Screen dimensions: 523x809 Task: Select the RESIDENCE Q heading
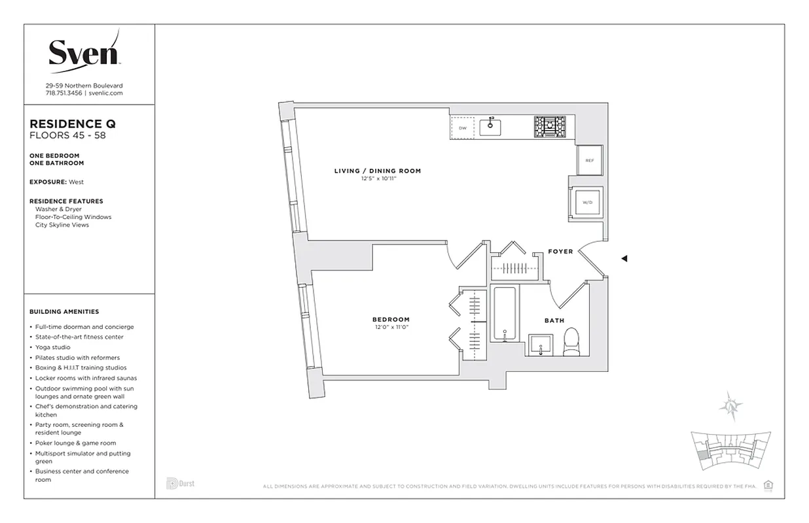coord(73,124)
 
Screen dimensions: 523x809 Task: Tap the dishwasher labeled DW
coord(462,127)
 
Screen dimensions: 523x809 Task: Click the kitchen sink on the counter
coord(490,127)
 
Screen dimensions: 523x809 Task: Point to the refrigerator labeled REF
coord(589,160)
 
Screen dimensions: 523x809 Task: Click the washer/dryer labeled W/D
coord(588,203)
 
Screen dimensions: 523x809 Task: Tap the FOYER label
coord(560,252)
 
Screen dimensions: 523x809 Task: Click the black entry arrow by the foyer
coord(624,259)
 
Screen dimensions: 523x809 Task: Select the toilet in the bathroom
coord(571,342)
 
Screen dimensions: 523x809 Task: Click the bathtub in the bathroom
coord(505,314)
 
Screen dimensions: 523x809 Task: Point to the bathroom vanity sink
coord(541,344)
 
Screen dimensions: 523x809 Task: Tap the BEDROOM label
coord(392,320)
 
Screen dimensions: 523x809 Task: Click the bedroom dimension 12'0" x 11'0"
coord(392,327)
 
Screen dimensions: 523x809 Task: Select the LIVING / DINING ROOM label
coord(378,171)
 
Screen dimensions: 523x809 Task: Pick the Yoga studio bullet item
coord(53,347)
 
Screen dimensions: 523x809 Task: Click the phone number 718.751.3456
coord(63,93)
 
